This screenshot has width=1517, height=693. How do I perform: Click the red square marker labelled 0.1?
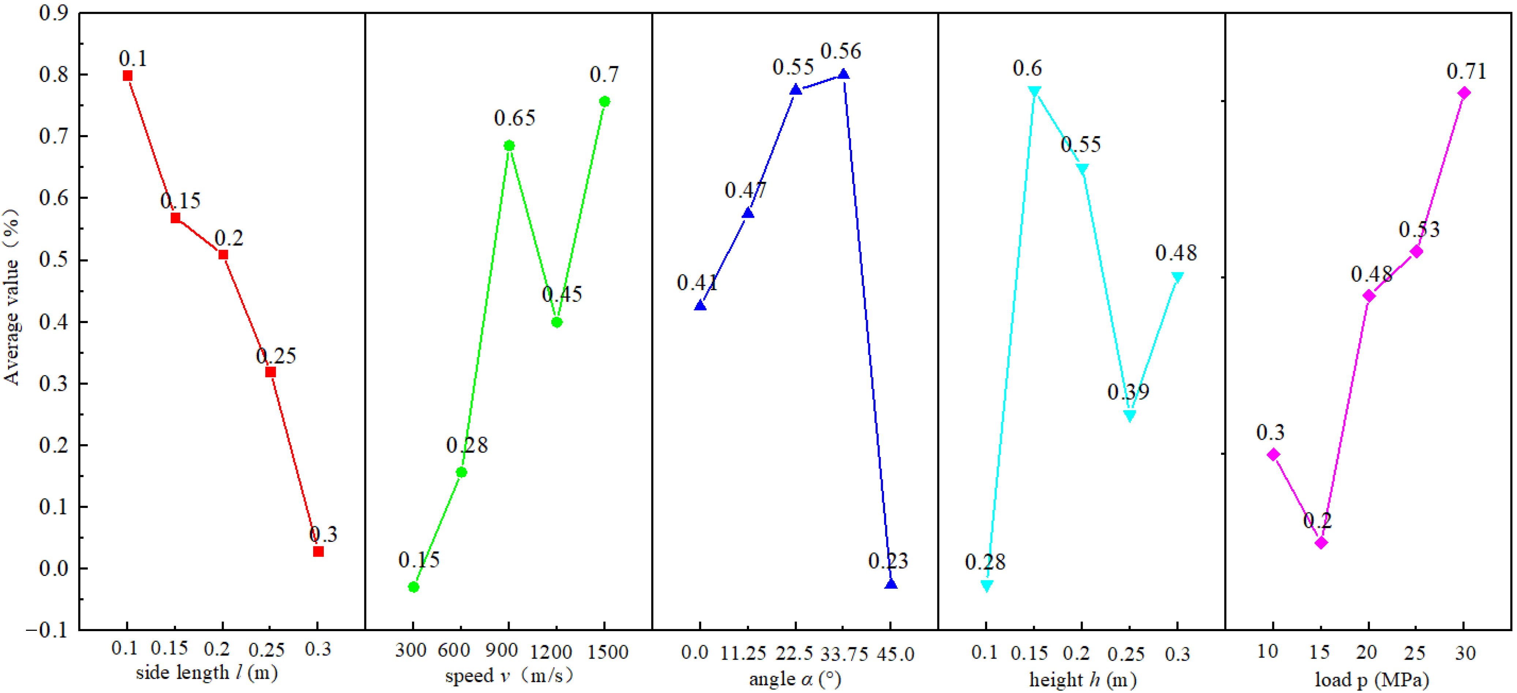[127, 75]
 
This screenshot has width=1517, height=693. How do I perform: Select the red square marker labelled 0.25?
[270, 372]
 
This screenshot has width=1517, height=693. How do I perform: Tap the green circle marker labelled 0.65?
[509, 145]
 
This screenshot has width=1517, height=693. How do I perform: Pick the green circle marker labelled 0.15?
[413, 587]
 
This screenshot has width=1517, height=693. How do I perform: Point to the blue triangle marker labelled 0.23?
[891, 584]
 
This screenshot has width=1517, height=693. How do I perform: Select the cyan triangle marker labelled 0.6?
[1034, 91]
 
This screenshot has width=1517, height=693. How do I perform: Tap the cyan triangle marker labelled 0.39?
[1130, 416]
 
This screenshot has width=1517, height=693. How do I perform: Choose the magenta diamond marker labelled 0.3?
[1273, 454]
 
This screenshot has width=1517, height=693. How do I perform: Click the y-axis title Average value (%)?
[12, 297]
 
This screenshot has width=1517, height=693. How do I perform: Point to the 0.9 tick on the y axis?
[53, 13]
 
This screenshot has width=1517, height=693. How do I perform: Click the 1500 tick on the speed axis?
[608, 652]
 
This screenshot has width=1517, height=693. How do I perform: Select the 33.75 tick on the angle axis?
[844, 653]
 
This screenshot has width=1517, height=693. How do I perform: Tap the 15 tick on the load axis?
[1319, 652]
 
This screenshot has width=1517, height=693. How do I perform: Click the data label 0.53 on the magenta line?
[1419, 229]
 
